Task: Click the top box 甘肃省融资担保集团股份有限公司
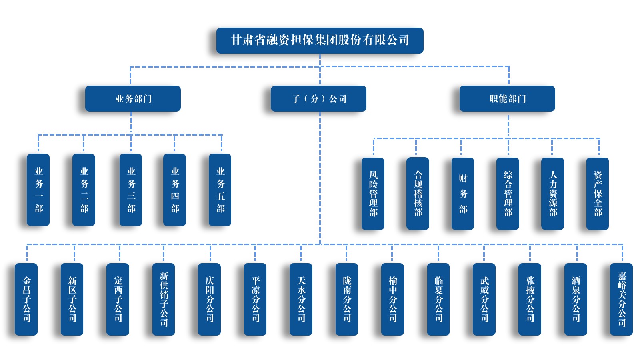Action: [320, 40]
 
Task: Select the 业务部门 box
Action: [133, 98]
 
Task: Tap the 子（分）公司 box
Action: [318, 98]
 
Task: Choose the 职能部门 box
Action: [507, 98]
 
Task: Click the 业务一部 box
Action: [38, 190]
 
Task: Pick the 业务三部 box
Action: [131, 190]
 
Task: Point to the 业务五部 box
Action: [220, 190]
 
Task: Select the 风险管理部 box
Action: [373, 194]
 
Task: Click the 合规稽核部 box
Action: [418, 194]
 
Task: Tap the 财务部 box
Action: [463, 194]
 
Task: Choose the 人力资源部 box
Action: [552, 194]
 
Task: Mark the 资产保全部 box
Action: [598, 194]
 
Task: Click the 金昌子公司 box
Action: [26, 299]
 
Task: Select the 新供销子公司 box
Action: [164, 299]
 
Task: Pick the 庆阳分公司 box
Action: [210, 299]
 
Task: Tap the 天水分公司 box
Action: [301, 299]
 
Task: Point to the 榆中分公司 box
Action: [392, 299]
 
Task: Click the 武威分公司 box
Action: [484, 299]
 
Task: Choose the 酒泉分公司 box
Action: [576, 299]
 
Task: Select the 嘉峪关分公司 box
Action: [621, 299]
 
